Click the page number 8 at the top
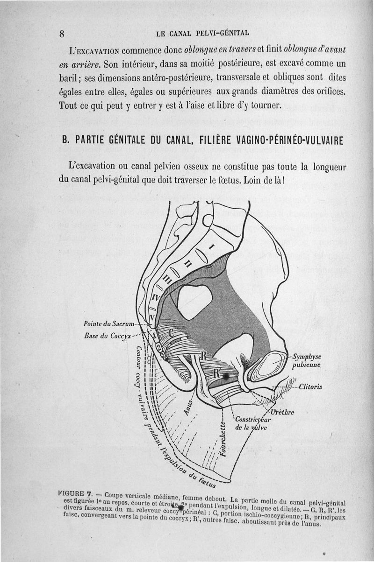pos(62,34)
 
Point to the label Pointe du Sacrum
pos(109,323)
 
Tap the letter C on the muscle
pos(171,333)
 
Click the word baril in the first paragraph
pos(69,77)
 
